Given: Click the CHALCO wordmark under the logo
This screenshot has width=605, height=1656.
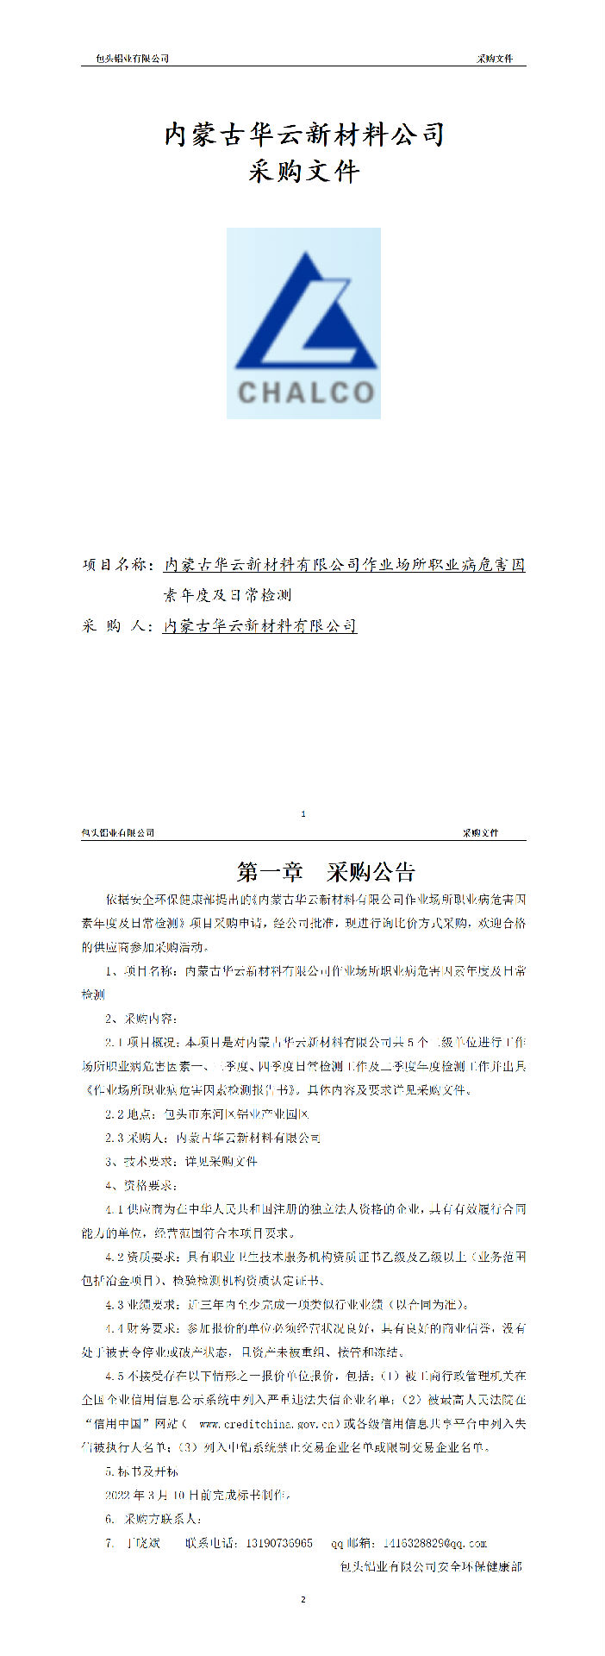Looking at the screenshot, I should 305,392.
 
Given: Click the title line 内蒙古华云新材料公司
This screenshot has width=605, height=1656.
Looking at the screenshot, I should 304,135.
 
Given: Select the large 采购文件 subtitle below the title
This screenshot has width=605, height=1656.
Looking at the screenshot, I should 304,172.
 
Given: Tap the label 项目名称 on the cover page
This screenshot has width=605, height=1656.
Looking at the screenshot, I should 117,565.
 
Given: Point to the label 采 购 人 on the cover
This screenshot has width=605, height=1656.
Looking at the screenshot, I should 117,626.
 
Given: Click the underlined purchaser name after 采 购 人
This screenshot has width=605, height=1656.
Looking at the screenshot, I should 260,626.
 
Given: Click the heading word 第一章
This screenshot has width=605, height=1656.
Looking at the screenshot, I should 270,872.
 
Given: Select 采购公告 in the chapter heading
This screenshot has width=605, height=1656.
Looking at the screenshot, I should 371,872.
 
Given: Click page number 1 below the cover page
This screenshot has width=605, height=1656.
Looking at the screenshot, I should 303,813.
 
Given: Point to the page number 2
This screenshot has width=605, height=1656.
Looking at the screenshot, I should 303,1600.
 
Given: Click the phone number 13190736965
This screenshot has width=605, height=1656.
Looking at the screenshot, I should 279,1543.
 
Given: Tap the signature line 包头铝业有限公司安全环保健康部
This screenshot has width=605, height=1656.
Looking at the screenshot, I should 432,1566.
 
